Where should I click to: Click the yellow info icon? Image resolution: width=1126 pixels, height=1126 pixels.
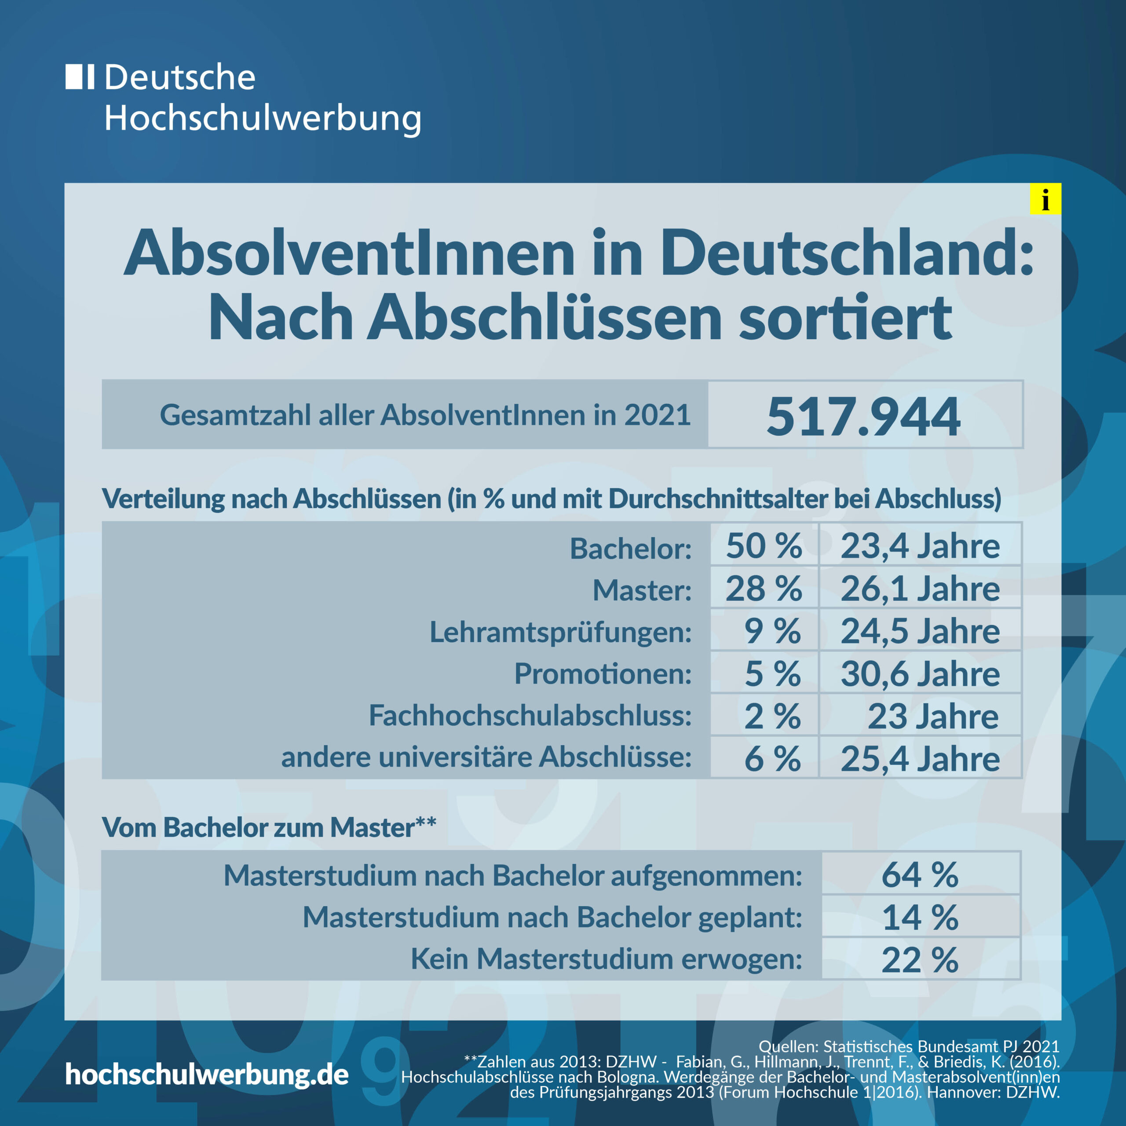1045,199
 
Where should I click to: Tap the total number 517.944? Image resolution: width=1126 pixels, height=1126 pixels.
863,416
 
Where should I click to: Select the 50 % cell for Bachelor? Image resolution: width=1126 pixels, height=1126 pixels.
764,546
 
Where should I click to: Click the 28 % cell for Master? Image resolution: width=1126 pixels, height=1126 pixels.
764,589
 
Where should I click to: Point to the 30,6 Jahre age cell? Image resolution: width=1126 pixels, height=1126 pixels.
920,674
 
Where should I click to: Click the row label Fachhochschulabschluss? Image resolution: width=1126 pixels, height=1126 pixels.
530,716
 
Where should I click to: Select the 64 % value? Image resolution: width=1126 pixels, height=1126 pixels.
920,875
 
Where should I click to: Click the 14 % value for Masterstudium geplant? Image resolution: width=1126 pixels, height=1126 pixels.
920,918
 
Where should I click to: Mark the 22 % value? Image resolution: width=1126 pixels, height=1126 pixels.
920,960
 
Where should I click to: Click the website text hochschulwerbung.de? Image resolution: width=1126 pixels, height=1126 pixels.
207,1074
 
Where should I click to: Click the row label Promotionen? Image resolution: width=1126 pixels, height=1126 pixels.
603,674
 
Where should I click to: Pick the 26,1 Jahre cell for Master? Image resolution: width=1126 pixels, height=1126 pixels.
920,589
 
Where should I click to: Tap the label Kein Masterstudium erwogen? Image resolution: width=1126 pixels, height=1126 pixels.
606,959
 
